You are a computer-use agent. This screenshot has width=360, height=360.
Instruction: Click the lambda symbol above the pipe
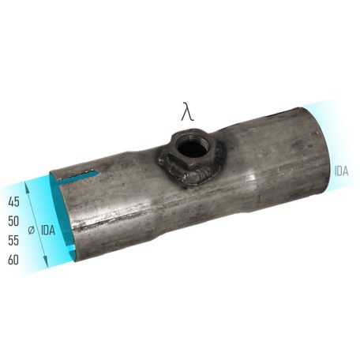point(187,111)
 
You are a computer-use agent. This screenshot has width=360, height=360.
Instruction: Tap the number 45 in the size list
point(13,201)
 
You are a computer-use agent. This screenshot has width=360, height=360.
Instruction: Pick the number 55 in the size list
point(13,240)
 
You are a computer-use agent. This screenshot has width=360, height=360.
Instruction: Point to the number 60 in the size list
point(13,259)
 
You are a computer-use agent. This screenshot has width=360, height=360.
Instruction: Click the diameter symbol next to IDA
point(31,231)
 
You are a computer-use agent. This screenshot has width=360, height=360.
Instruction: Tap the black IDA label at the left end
point(48,231)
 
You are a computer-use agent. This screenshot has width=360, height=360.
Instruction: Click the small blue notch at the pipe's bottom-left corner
point(72,257)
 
